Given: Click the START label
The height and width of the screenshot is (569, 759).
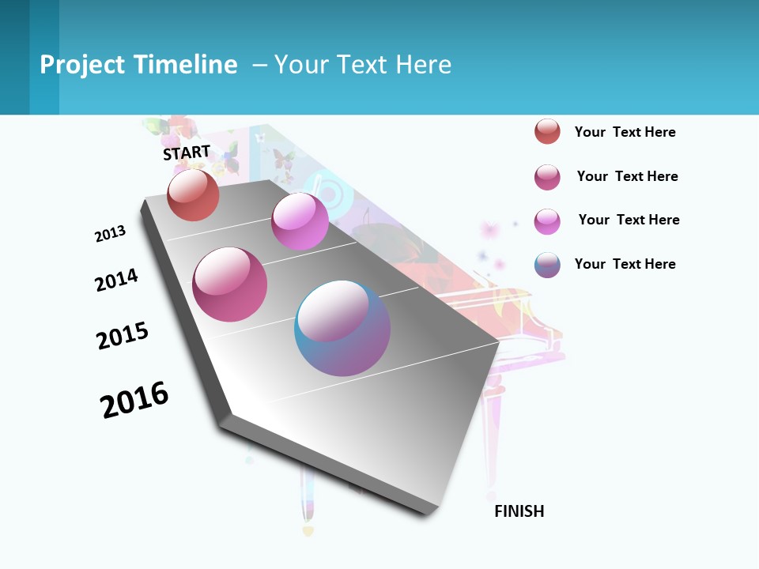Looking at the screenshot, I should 187,153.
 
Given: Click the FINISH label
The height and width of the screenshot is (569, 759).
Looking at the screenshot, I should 519,511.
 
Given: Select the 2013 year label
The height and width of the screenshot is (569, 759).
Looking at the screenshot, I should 110,234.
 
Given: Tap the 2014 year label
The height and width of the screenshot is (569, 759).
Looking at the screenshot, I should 116,280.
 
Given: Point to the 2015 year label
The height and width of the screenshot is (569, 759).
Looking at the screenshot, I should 123,336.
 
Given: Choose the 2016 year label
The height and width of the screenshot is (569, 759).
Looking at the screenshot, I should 134,399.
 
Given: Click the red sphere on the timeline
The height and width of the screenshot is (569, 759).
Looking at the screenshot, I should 193,195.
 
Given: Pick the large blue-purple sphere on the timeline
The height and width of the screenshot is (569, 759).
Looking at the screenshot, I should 342,328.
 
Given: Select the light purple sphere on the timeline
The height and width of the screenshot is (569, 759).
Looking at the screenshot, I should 300,221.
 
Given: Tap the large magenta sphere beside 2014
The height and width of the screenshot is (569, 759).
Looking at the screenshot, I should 230,284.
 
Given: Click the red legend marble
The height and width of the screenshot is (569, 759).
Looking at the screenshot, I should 547,132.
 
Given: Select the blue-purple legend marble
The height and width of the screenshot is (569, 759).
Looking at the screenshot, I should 547,264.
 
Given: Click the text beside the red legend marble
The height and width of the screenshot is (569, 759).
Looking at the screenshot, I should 625,132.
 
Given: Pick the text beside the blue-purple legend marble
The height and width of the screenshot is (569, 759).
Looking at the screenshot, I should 625,264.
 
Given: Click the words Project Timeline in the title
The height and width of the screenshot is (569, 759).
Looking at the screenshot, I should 138,65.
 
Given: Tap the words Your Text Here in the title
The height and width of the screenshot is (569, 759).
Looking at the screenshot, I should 363,65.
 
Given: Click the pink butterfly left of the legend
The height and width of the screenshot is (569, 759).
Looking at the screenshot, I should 489,230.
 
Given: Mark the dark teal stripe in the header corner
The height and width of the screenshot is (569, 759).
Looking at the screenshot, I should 14,57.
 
